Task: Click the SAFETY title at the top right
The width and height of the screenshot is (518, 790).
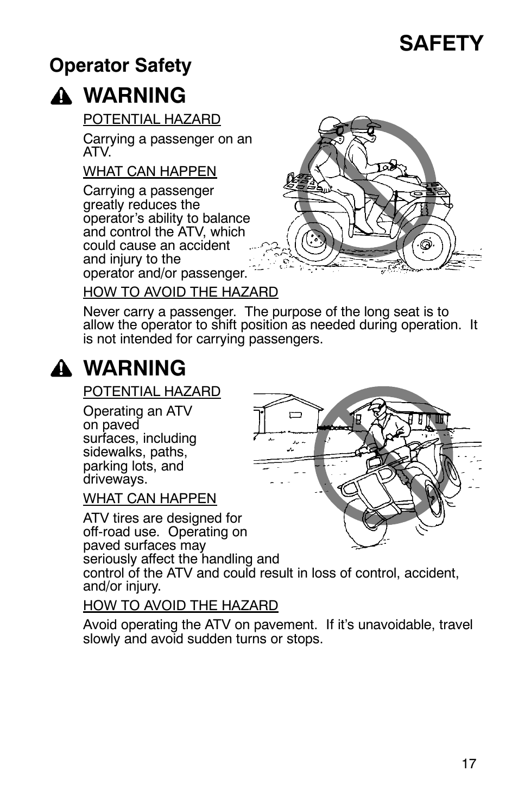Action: coord(441,43)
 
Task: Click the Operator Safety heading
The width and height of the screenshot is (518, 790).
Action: coord(121,66)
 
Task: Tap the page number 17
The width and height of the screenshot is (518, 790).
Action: coord(469,763)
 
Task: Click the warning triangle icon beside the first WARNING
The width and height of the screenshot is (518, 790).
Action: coord(62,97)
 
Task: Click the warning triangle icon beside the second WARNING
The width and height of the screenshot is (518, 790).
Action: coord(62,369)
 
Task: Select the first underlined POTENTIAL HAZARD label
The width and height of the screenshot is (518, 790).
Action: coord(151,119)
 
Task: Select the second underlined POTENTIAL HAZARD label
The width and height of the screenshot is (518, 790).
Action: coord(151,391)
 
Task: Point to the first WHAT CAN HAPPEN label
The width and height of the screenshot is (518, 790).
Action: coord(149,171)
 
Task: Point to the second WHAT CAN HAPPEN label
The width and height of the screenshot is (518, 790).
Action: coord(149,498)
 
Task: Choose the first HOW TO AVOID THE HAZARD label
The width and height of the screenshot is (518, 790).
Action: coord(180,292)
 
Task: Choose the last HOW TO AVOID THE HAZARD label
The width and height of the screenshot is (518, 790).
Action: coord(180,605)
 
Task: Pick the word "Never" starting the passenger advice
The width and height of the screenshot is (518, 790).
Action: coord(99,312)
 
